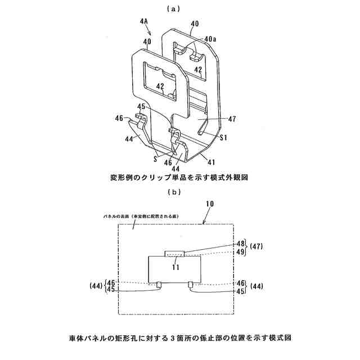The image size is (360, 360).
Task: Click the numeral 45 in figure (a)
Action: pos(141,106)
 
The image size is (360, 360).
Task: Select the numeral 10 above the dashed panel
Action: pos(210,206)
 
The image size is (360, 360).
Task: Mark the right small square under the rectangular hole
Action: pos(191,283)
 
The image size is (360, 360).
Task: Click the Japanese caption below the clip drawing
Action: pos(179,177)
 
